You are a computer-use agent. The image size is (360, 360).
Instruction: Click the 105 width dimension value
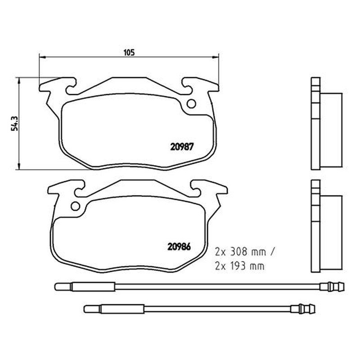129,53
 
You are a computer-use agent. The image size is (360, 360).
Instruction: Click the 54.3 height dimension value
14,124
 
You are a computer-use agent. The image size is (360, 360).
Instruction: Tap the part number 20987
182,147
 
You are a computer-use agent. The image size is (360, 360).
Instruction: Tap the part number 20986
179,247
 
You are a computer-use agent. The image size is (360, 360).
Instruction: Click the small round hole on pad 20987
191,104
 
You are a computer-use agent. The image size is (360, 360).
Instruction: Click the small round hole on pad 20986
75,206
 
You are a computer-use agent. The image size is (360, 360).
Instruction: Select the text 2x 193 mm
240,266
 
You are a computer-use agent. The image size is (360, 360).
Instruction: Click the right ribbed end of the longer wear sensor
332,287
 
